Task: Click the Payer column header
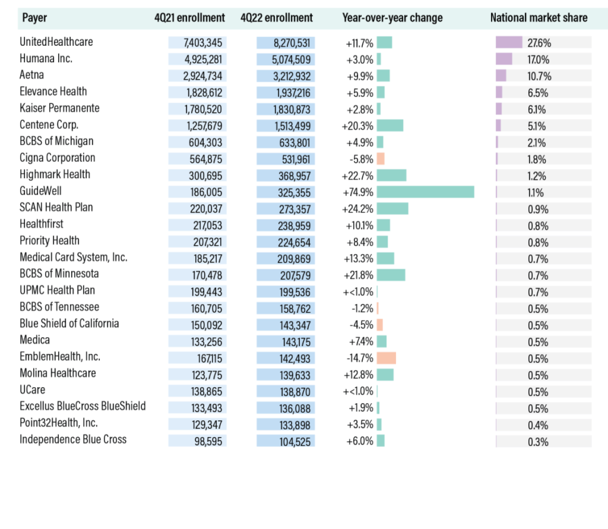click(x=34, y=18)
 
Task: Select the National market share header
click(x=539, y=18)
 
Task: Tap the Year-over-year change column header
click(x=392, y=18)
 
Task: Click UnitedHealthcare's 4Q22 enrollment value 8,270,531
click(x=292, y=43)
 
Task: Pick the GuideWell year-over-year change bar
click(x=425, y=192)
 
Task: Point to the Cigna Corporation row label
click(x=58, y=158)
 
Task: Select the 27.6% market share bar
click(x=509, y=42)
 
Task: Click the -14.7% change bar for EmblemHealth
click(x=386, y=358)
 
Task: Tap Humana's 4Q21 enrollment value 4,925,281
click(x=203, y=59)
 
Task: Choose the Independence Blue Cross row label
click(x=73, y=439)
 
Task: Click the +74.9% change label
click(x=357, y=192)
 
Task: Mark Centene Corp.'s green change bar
click(x=390, y=126)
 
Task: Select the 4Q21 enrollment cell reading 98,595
click(x=208, y=441)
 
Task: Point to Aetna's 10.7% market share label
click(x=539, y=77)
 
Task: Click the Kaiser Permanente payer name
click(x=59, y=108)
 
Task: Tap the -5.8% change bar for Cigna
click(x=381, y=159)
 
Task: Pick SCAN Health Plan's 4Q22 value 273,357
click(x=294, y=210)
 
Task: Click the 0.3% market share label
click(x=538, y=442)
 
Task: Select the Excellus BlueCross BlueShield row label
click(x=83, y=406)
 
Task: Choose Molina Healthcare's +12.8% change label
click(x=358, y=375)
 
